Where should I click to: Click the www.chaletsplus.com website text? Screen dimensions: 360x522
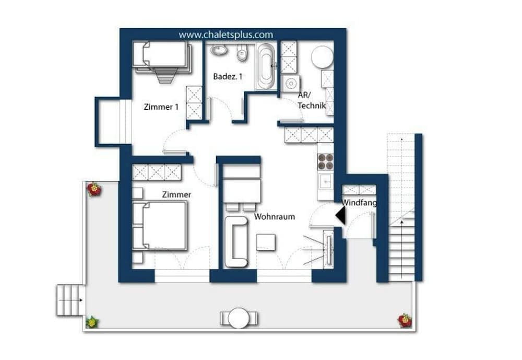[226, 35]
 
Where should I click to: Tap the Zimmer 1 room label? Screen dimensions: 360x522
[161, 107]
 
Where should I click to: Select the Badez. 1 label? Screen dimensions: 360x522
[228, 76]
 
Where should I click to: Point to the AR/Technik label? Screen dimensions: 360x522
[311, 101]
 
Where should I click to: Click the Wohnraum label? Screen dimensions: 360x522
[275, 216]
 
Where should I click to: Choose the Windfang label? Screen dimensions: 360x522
[359, 202]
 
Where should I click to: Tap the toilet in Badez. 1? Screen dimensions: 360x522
[242, 52]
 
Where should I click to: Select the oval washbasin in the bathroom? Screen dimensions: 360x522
[219, 50]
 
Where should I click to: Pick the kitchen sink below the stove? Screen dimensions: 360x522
[325, 181]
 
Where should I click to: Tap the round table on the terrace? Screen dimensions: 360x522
[239, 318]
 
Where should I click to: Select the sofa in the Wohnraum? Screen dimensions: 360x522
[236, 241]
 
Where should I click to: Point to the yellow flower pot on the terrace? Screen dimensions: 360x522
[92, 322]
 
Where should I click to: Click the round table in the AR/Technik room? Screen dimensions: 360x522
[322, 56]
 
